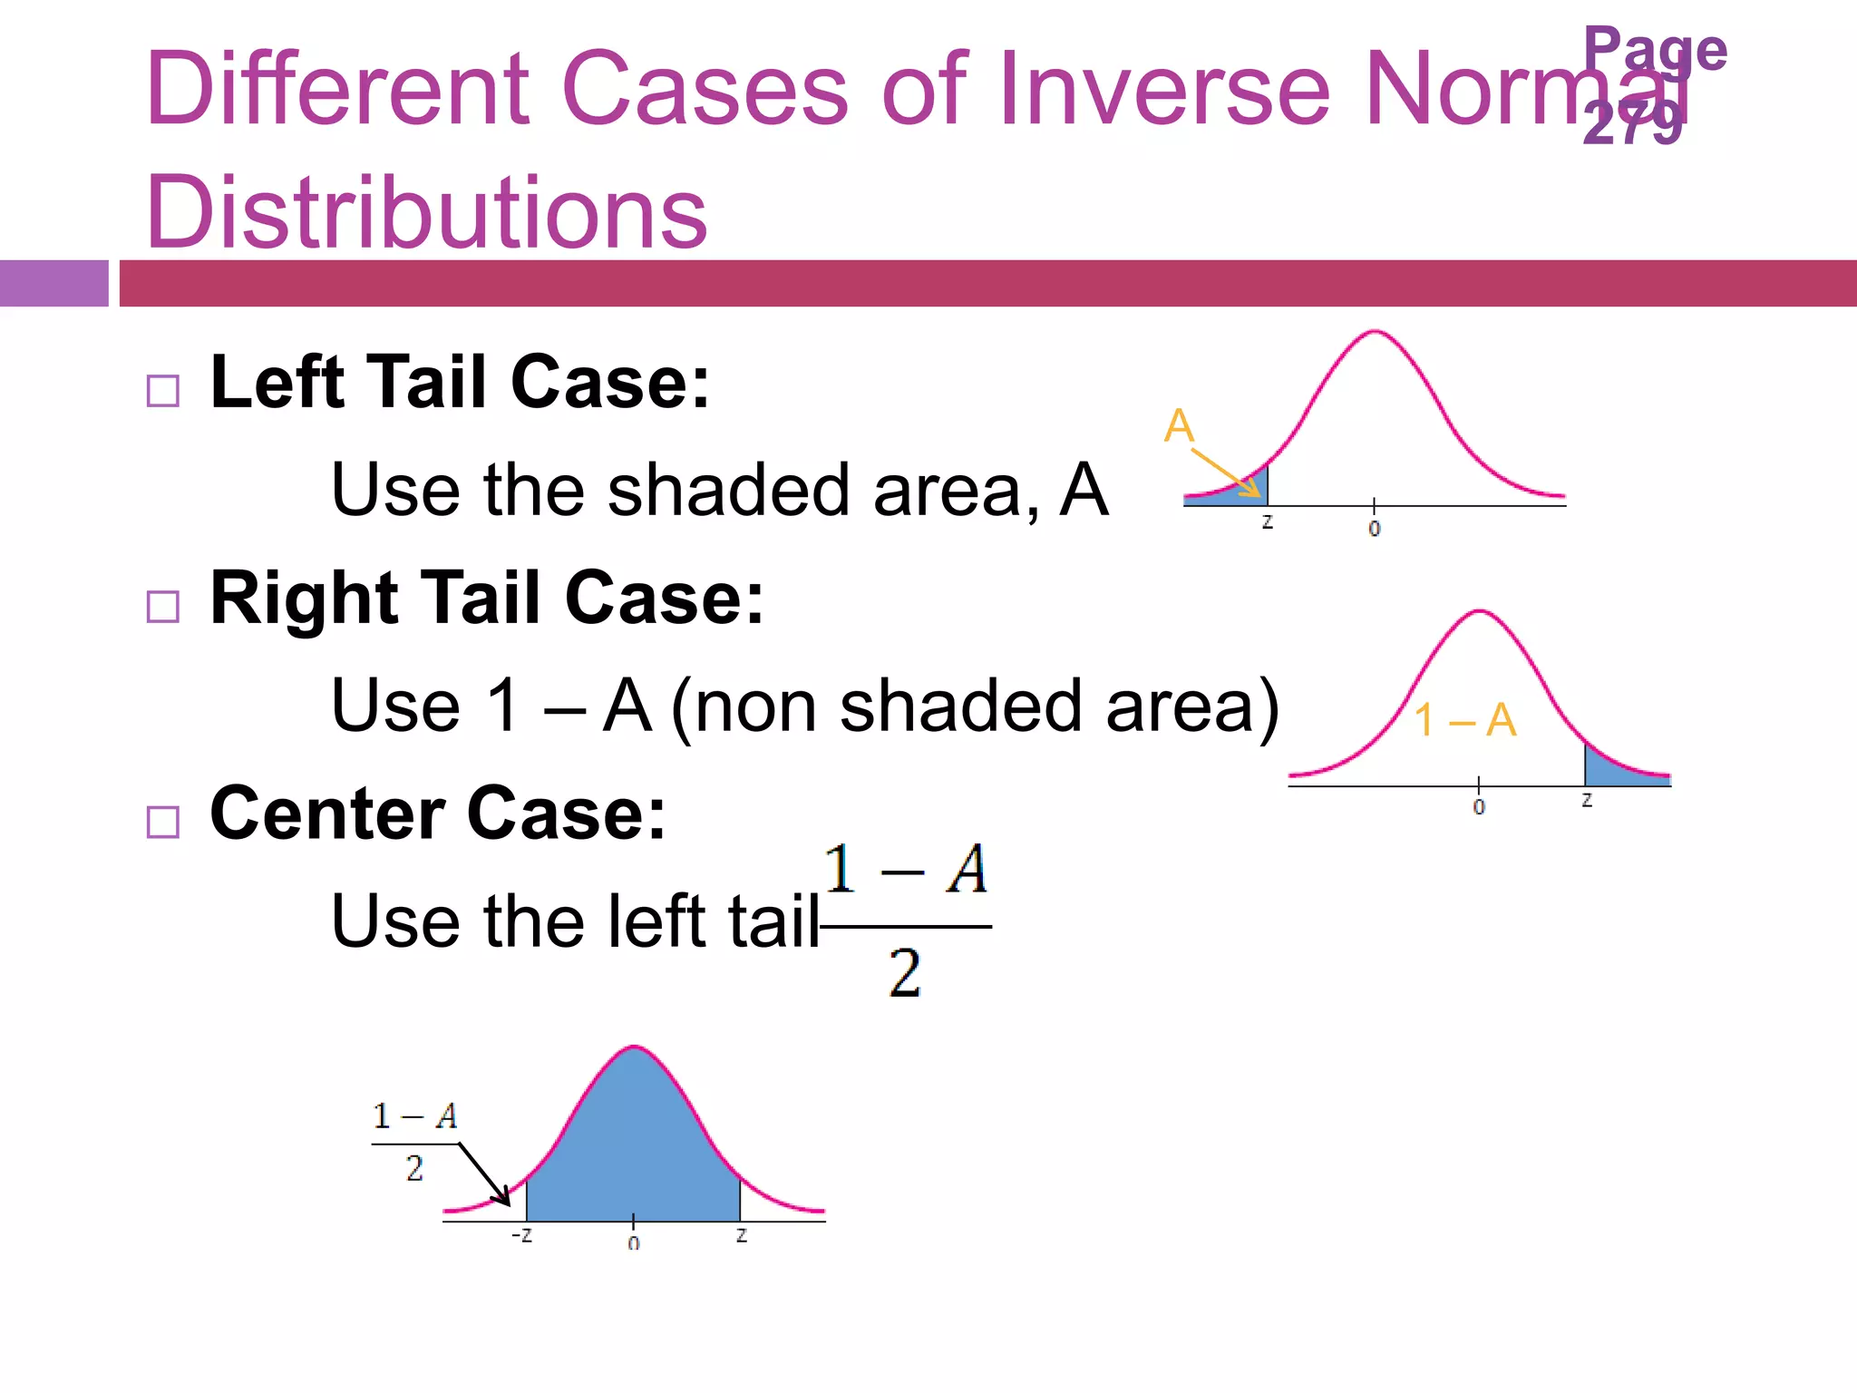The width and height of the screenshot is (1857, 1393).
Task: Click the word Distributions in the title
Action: (x=426, y=212)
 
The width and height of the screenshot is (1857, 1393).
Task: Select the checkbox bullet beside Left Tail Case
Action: (x=163, y=391)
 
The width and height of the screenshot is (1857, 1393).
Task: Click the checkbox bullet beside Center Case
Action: (x=163, y=822)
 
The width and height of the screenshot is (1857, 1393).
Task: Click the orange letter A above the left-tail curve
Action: (x=1179, y=425)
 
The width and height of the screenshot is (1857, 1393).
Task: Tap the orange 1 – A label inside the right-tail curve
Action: (x=1464, y=720)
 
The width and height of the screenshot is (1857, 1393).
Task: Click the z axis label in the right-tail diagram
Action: (x=1587, y=800)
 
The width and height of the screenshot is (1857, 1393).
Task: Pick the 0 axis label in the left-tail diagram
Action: (x=1375, y=529)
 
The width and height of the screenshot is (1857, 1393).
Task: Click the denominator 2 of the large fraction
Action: (x=904, y=973)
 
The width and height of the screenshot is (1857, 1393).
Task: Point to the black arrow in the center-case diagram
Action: (x=485, y=1174)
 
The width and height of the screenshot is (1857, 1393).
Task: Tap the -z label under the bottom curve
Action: (x=521, y=1235)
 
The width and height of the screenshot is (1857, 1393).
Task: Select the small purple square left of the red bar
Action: (x=53, y=283)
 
